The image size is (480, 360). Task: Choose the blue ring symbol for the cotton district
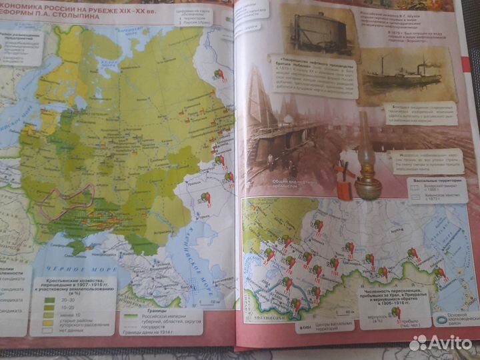[x=440, y=319]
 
